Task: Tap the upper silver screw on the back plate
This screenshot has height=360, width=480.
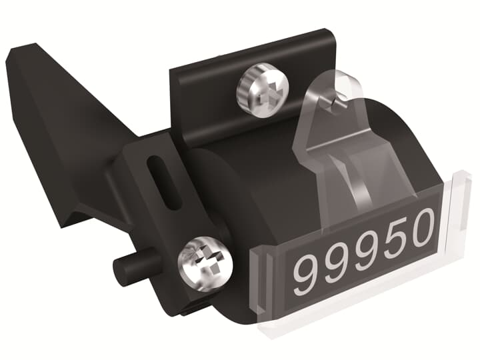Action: [263, 87]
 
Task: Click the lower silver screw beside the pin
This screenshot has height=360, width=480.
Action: [205, 261]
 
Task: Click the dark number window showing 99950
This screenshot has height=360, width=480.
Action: [363, 251]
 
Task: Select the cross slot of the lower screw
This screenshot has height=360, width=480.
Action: [205, 261]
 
